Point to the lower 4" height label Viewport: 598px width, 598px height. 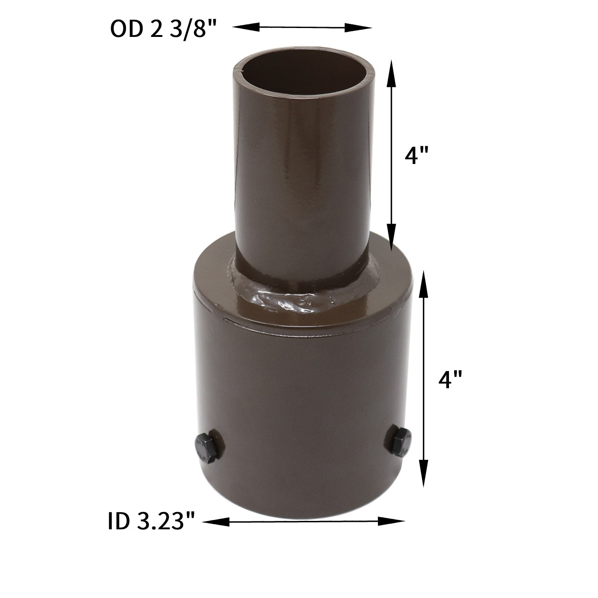tap(450, 379)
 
